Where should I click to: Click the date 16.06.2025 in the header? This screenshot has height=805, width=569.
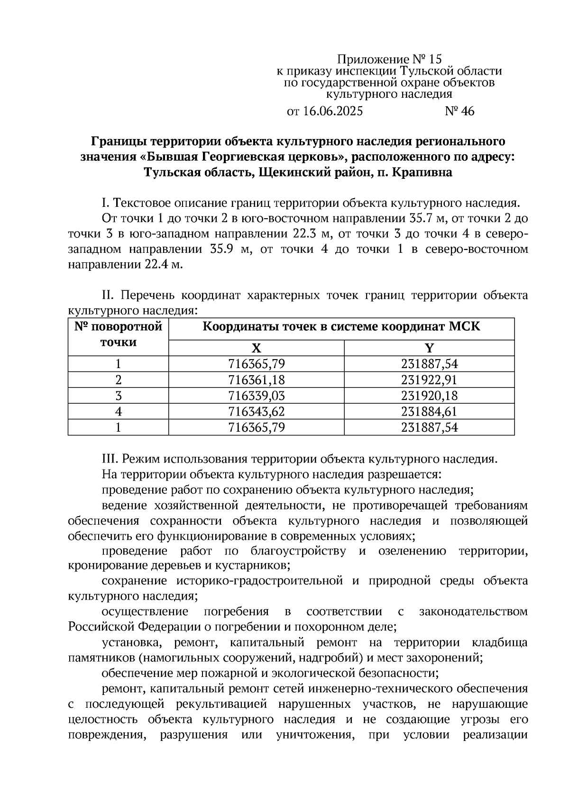pos(332,111)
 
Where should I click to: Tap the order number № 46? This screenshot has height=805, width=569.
pos(459,111)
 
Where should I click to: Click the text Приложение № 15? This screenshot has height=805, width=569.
pos(389,59)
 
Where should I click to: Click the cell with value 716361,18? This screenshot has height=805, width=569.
pos(257,380)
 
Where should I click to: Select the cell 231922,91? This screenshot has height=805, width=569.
pos(429,380)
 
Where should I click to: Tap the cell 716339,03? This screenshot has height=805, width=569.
pos(257,396)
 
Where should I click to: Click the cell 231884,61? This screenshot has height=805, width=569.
pos(429,411)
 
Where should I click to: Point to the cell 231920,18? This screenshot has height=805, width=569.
pos(429,396)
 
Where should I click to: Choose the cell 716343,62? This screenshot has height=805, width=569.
pos(257,411)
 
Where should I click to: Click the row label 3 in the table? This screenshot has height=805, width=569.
pos(118,396)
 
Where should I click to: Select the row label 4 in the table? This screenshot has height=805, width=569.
pos(118,411)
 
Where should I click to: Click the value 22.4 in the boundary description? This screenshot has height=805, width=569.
pos(157,265)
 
